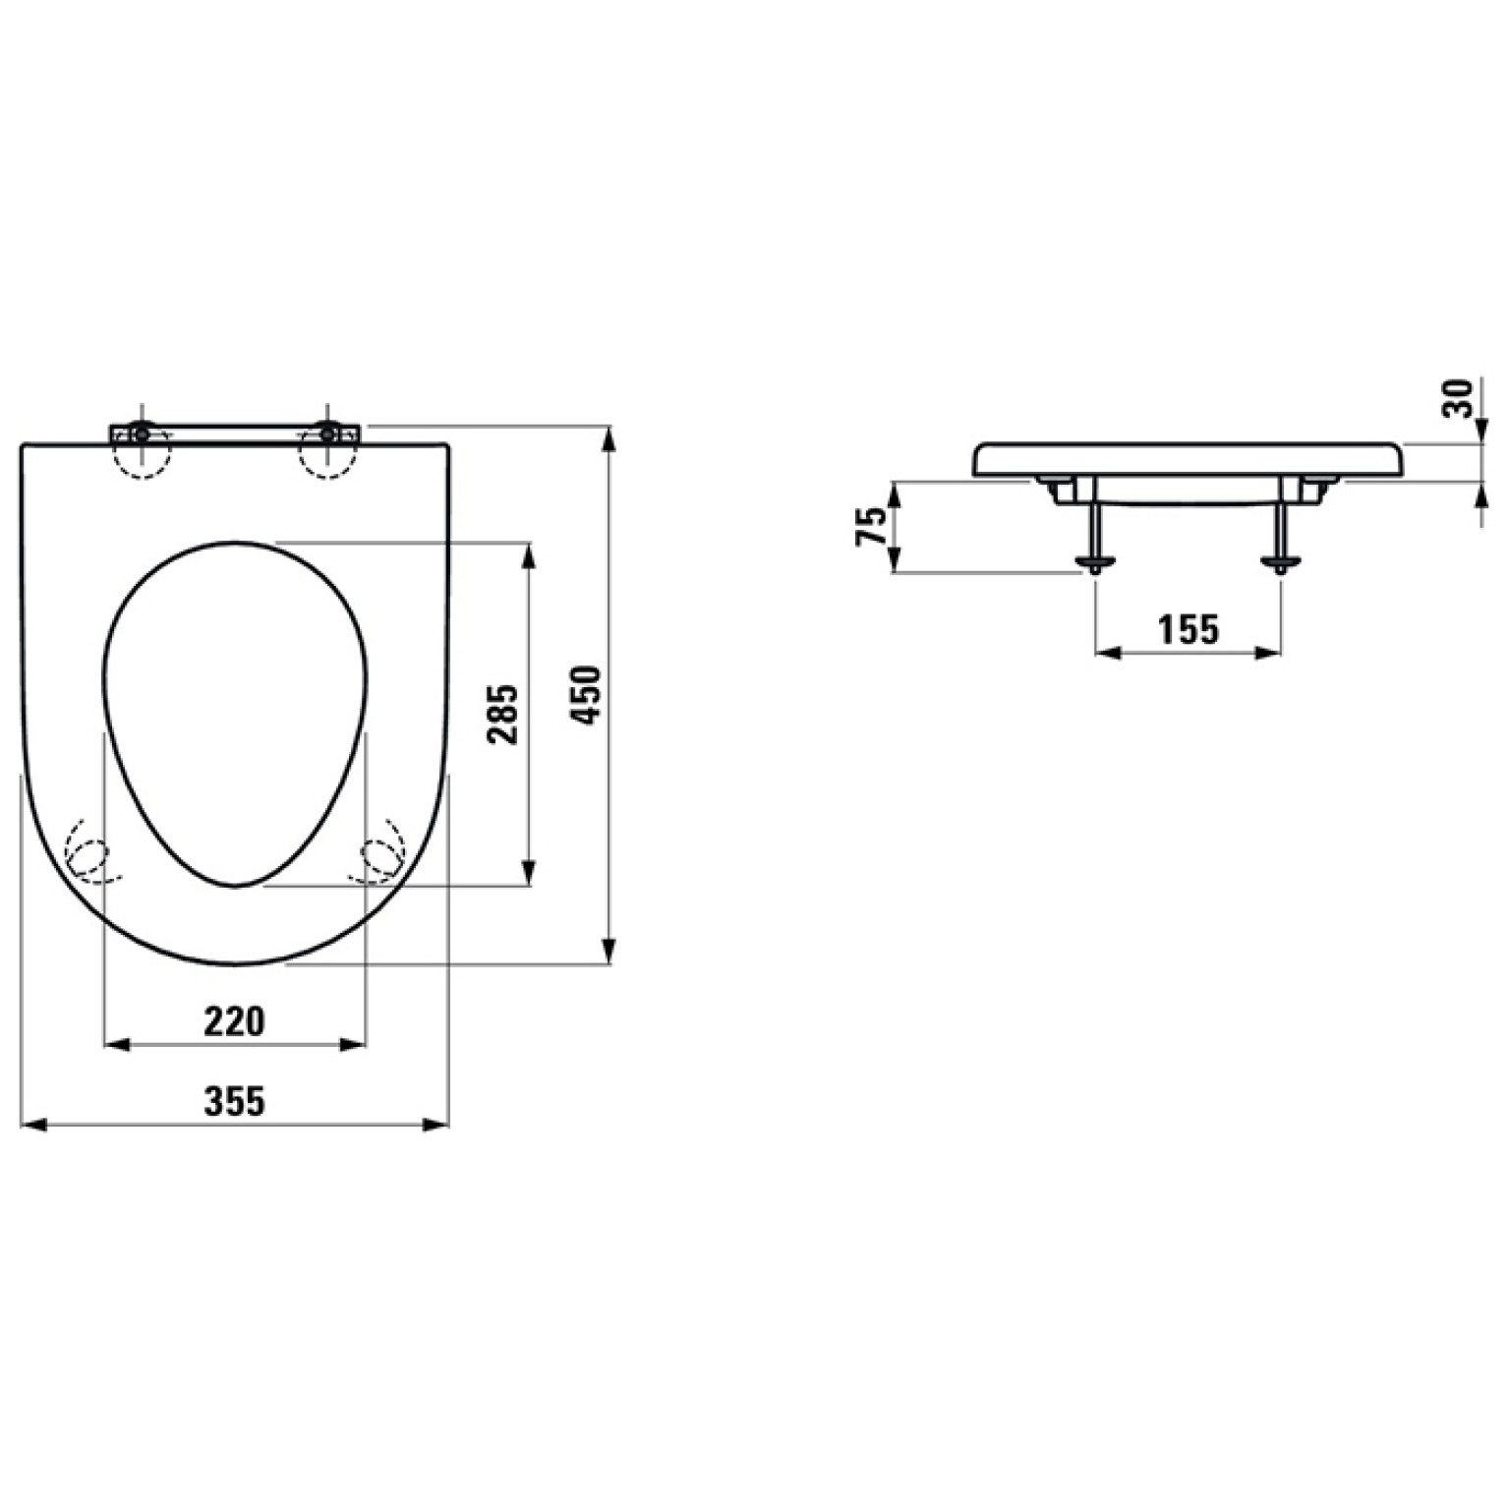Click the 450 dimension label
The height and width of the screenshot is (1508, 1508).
pyautogui.click(x=587, y=695)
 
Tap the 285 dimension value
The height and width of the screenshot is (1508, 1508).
pyautogui.click(x=503, y=714)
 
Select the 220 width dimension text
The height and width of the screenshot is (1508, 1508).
pyautogui.click(x=234, y=1021)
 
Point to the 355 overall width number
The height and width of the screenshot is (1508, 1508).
pyautogui.click(x=234, y=1101)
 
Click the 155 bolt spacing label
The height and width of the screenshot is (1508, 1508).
pyautogui.click(x=1188, y=629)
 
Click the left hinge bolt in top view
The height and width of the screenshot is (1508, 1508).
pyautogui.click(x=142, y=433)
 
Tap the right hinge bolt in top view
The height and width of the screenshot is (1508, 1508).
pyautogui.click(x=326, y=433)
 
